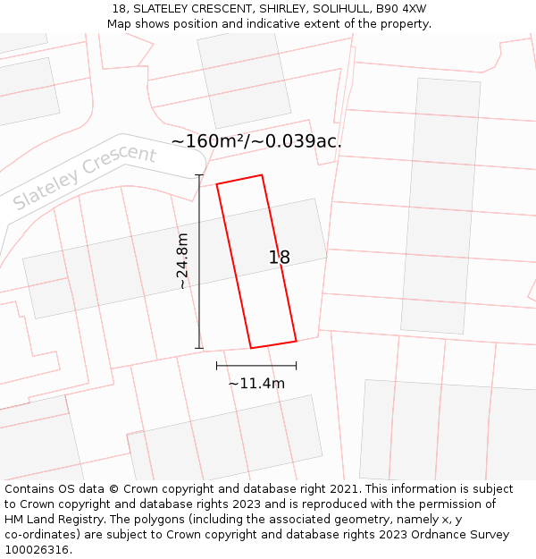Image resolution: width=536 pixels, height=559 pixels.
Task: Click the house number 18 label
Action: (x=280, y=258)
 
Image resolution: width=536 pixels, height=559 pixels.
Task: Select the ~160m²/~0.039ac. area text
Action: (x=256, y=141)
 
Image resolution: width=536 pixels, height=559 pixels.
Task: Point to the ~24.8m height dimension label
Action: (x=183, y=261)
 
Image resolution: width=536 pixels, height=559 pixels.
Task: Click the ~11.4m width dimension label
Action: (x=256, y=384)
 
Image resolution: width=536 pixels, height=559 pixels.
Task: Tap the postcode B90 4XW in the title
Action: (x=401, y=9)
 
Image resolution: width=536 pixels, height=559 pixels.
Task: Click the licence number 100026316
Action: (x=38, y=550)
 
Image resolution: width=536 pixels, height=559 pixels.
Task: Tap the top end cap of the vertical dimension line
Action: (x=199, y=175)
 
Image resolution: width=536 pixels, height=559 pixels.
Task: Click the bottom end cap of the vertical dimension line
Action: (x=199, y=348)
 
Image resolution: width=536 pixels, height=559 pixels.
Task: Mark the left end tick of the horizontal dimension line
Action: (x=217, y=365)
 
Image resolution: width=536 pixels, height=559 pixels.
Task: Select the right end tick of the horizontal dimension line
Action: (x=296, y=365)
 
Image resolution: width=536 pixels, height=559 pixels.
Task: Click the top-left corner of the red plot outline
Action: (x=217, y=184)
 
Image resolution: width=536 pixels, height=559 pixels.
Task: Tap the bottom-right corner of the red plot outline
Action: (x=296, y=341)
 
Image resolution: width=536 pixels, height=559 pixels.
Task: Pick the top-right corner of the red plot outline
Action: (x=262, y=175)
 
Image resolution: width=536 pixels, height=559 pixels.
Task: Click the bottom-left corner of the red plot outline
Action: (x=251, y=348)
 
